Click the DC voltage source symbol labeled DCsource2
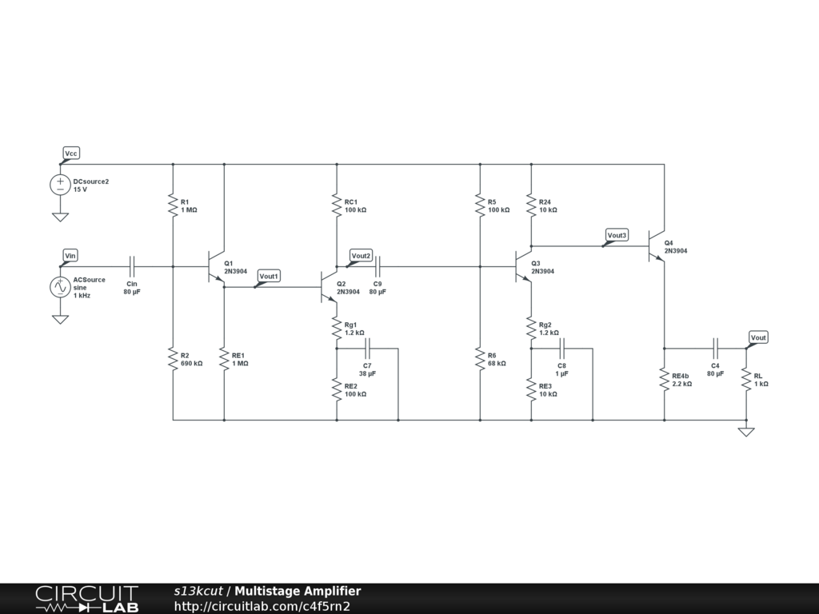click(60, 185)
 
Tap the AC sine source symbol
click(60, 287)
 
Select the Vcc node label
click(71, 153)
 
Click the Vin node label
click(70, 255)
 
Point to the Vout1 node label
click(269, 276)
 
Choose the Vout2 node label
click(361, 256)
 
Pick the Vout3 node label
click(617, 235)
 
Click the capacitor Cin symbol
click(132, 266)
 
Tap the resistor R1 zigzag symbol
click(173, 205)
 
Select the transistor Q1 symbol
click(214, 266)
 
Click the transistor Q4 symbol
click(655, 246)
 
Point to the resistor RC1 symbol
click(337, 205)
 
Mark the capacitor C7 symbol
click(368, 349)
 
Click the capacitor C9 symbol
click(378, 266)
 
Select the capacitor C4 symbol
click(716, 349)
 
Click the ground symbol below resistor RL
click(746, 432)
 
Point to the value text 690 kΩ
click(191, 364)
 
